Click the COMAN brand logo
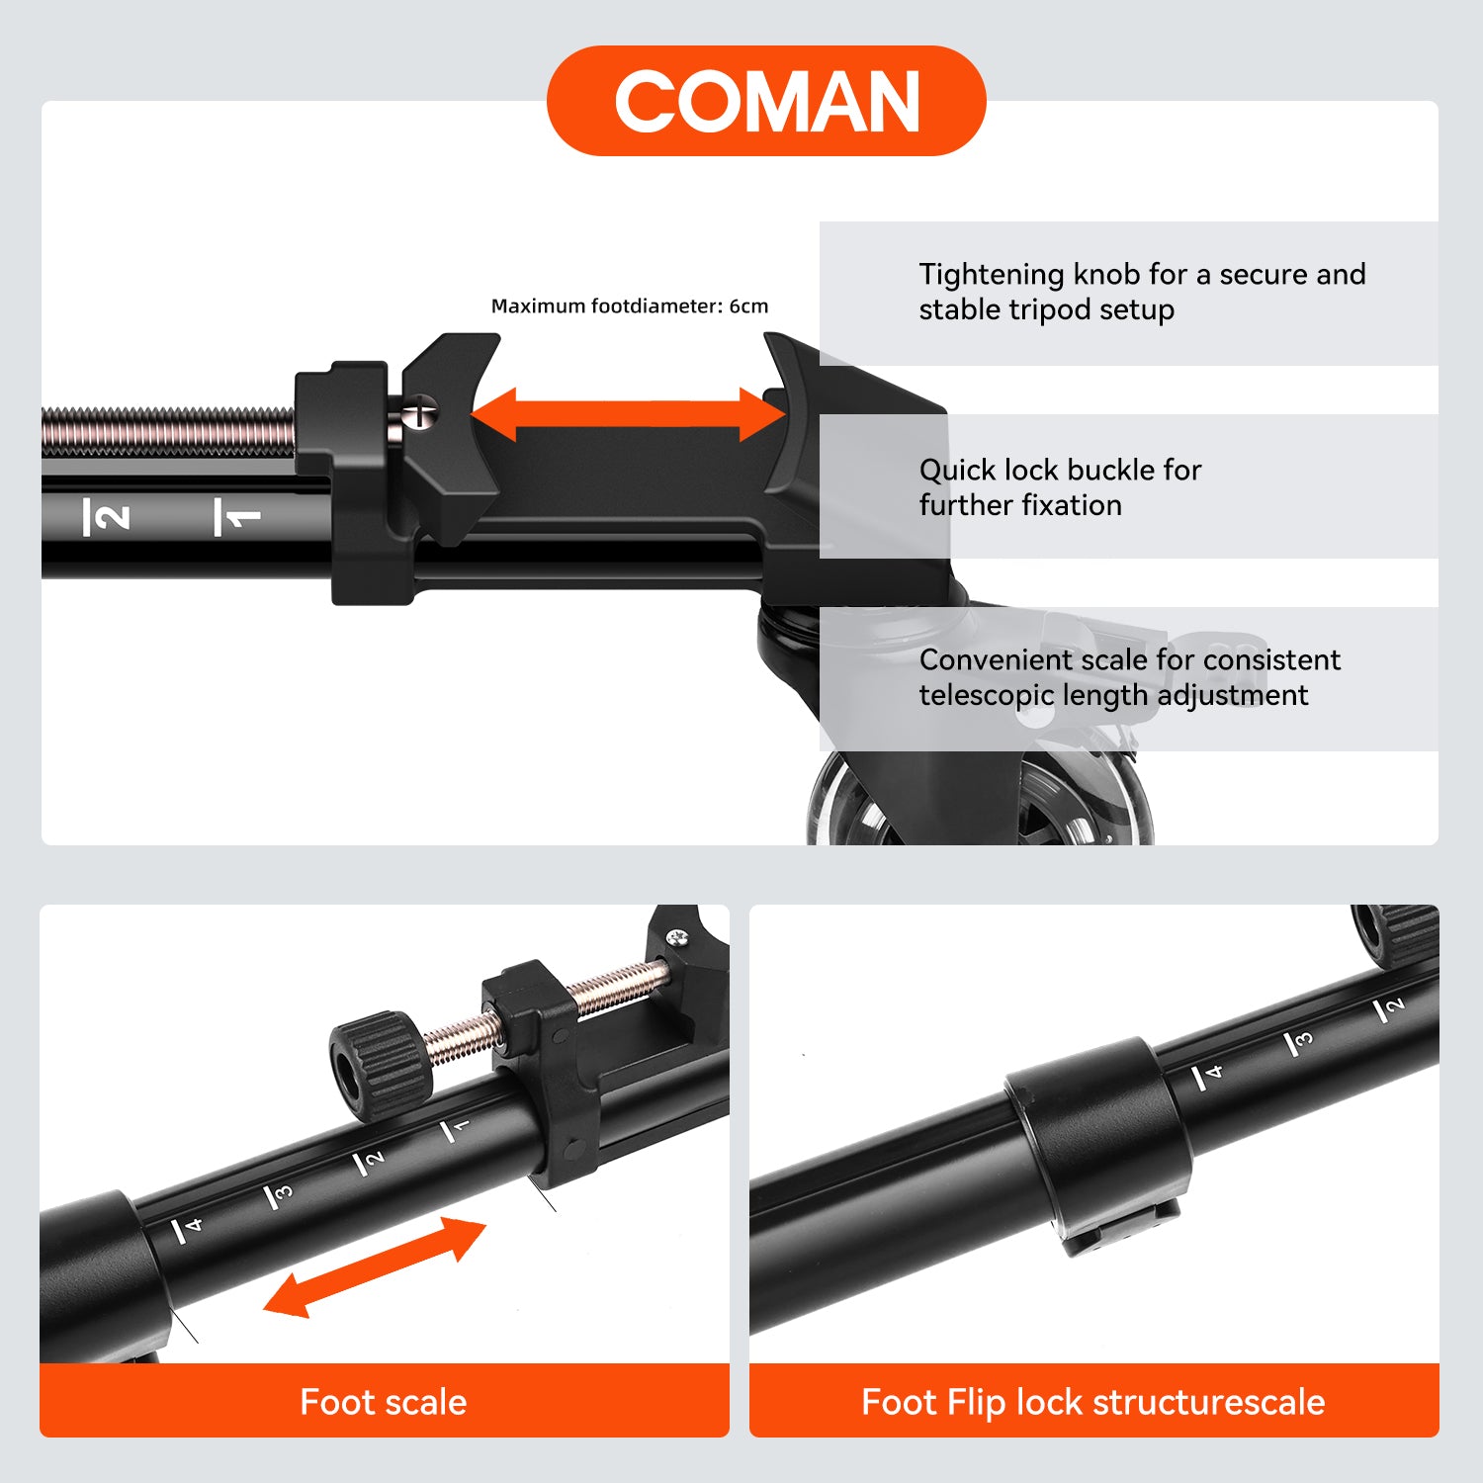pos(766,101)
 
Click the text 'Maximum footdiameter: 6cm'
pos(630,306)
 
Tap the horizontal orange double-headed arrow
pos(629,414)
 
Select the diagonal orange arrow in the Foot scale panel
pos(375,1266)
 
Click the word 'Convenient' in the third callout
pos(999,659)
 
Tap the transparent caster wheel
pos(979,799)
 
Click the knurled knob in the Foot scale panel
pos(381,1066)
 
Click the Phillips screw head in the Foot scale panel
pos(676,936)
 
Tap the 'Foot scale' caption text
pos(384,1402)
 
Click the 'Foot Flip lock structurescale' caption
pos(1092,1402)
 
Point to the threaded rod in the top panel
pos(169,431)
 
